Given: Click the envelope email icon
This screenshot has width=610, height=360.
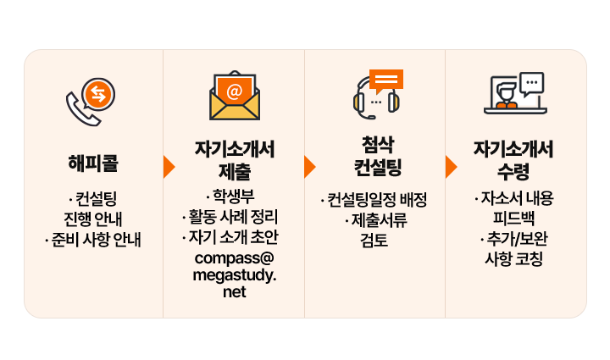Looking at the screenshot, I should (235, 97).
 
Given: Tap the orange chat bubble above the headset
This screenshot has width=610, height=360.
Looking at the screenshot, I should (386, 79).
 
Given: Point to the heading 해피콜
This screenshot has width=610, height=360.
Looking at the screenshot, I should (93, 162).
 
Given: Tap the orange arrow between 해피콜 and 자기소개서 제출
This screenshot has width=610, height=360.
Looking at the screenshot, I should (169, 166).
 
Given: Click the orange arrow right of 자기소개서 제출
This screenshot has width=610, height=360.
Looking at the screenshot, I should (309, 166).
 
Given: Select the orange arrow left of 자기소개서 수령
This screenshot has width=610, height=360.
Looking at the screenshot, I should (451, 166).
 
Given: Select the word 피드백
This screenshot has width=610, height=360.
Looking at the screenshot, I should (514, 219).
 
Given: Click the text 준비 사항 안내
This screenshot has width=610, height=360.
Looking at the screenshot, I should (97, 240).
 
